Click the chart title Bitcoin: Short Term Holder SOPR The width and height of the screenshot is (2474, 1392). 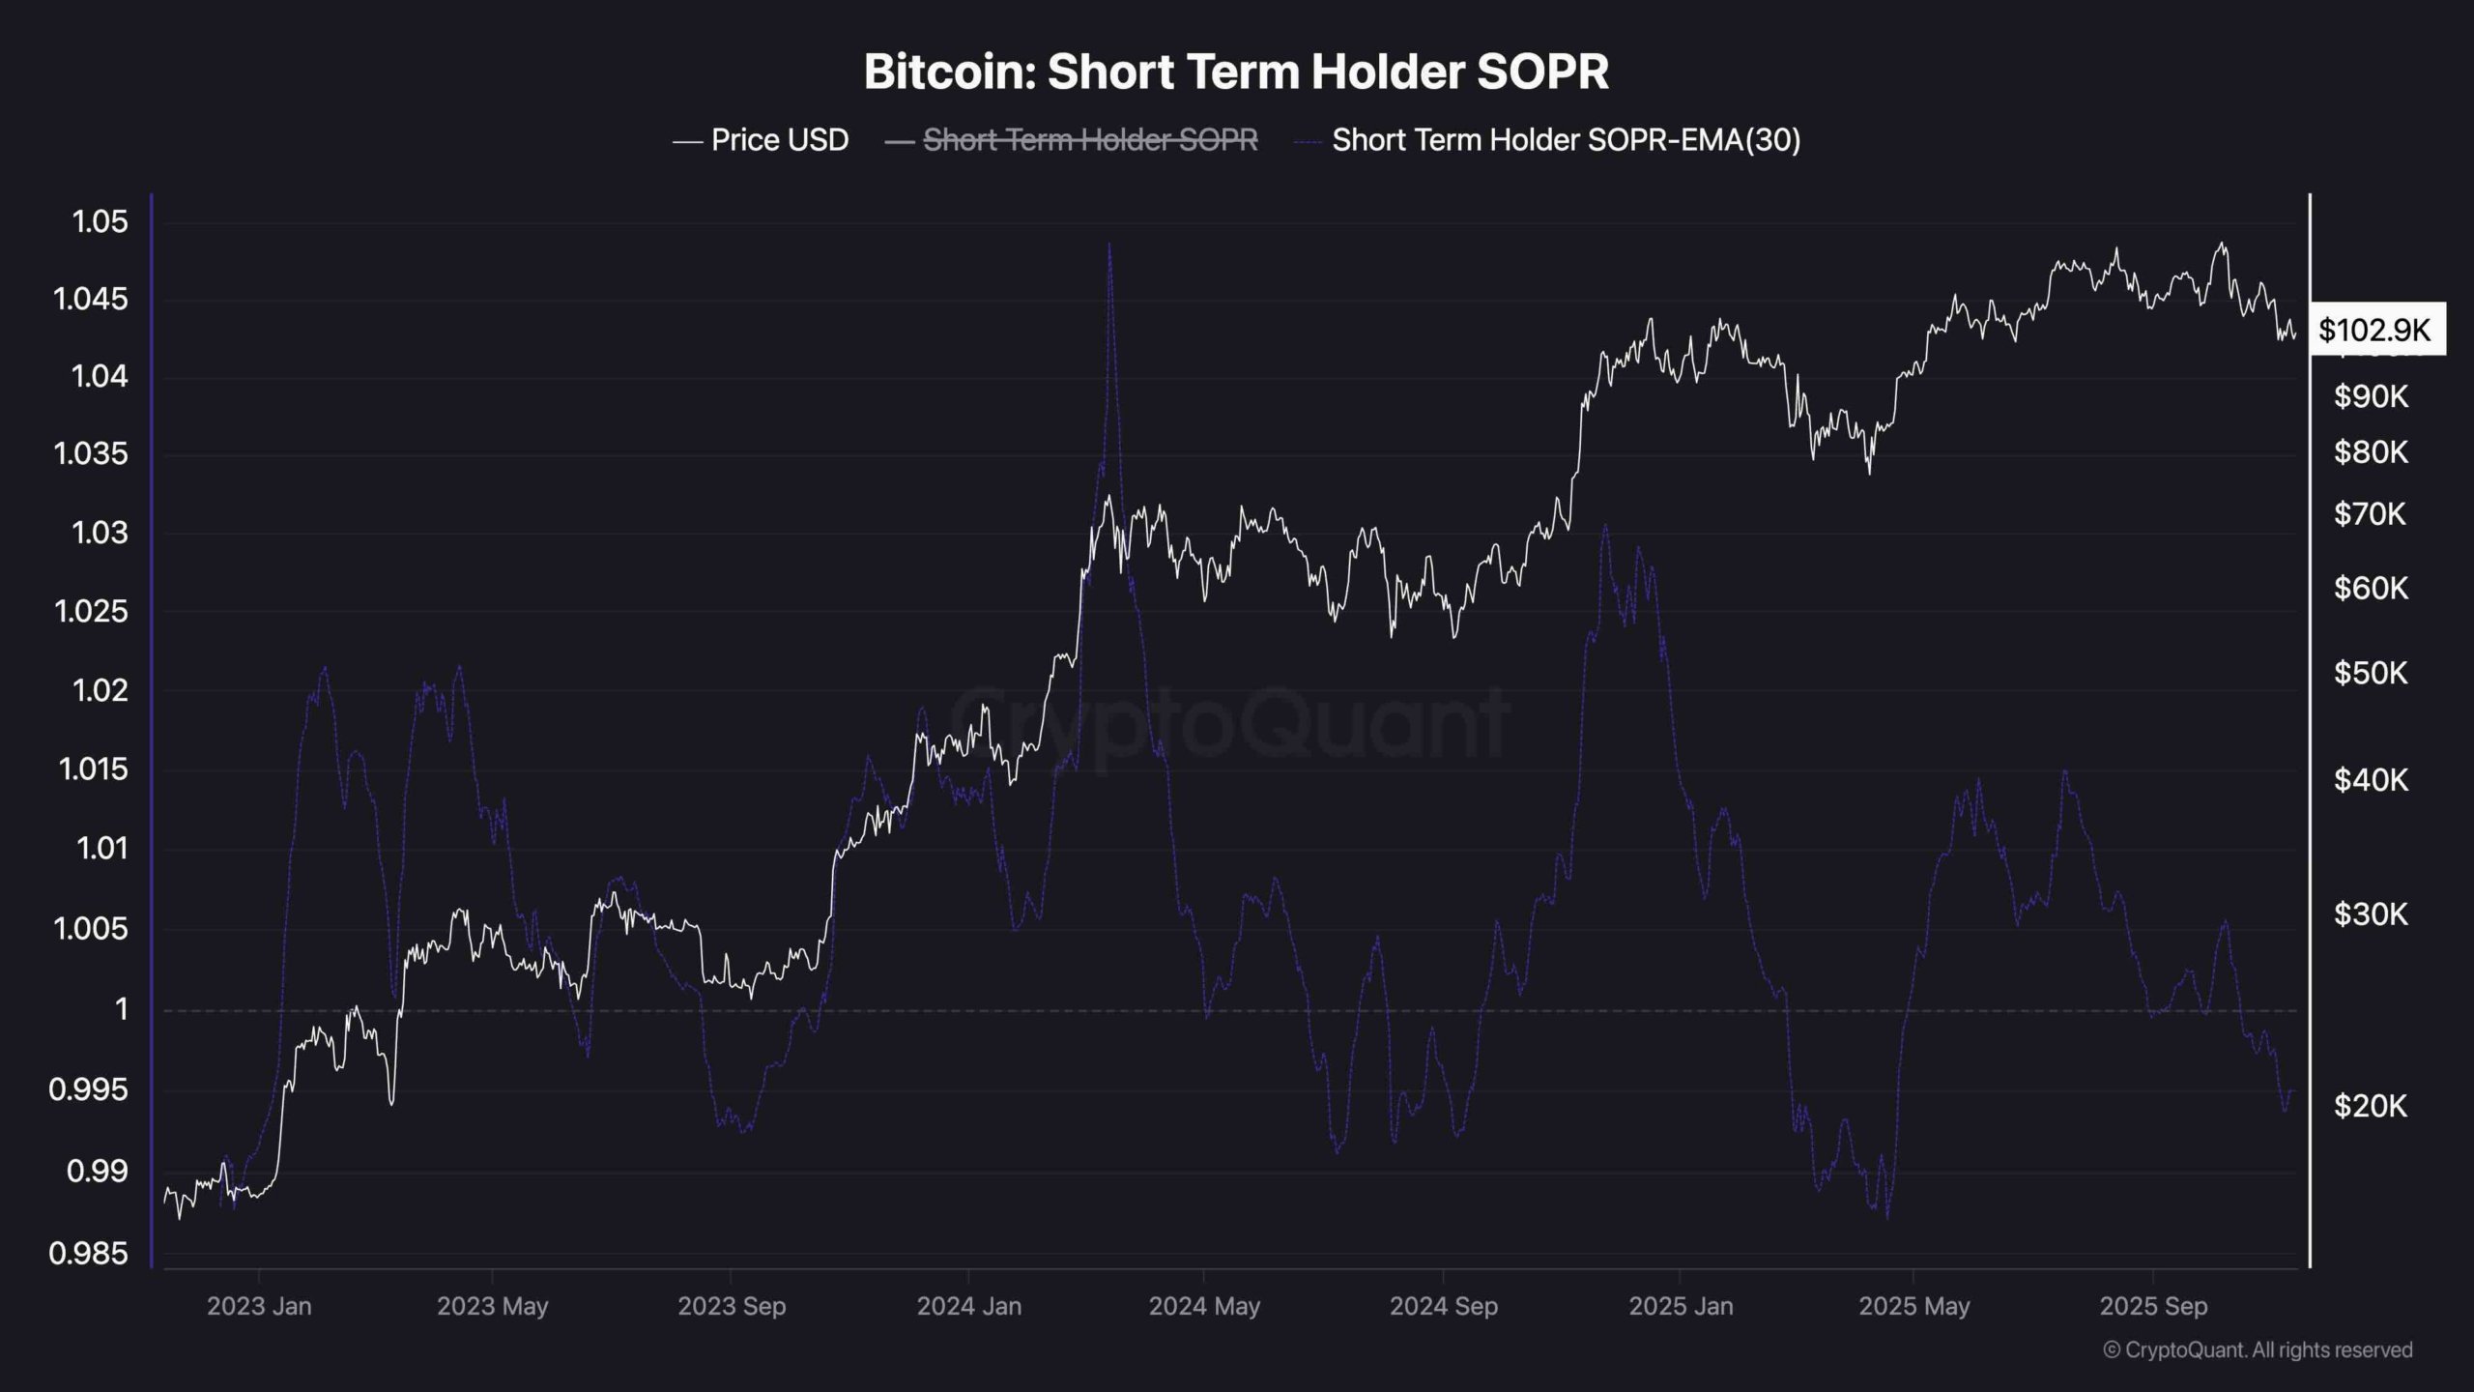pos(1236,72)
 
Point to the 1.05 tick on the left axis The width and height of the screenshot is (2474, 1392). pos(100,221)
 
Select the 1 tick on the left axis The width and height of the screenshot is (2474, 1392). pos(121,1009)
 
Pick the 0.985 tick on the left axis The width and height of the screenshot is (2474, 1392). pos(88,1254)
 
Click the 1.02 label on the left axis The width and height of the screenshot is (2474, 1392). pos(100,690)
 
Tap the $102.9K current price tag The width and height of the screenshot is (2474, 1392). pos(2374,331)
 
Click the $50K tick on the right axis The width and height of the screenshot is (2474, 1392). pos(2370,673)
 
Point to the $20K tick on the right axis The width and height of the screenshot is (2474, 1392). pos(2370,1106)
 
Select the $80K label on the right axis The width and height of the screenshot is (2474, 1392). pos(2370,451)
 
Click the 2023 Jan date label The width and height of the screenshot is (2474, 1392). pos(259,1306)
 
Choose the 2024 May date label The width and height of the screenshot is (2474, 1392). pos(1204,1306)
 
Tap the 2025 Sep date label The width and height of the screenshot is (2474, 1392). pos(2153,1306)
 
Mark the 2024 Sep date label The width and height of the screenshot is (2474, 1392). pos(1443,1306)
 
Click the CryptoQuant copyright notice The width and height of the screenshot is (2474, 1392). pos(2258,1349)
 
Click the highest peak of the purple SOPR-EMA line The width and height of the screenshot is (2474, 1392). pos(1108,246)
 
